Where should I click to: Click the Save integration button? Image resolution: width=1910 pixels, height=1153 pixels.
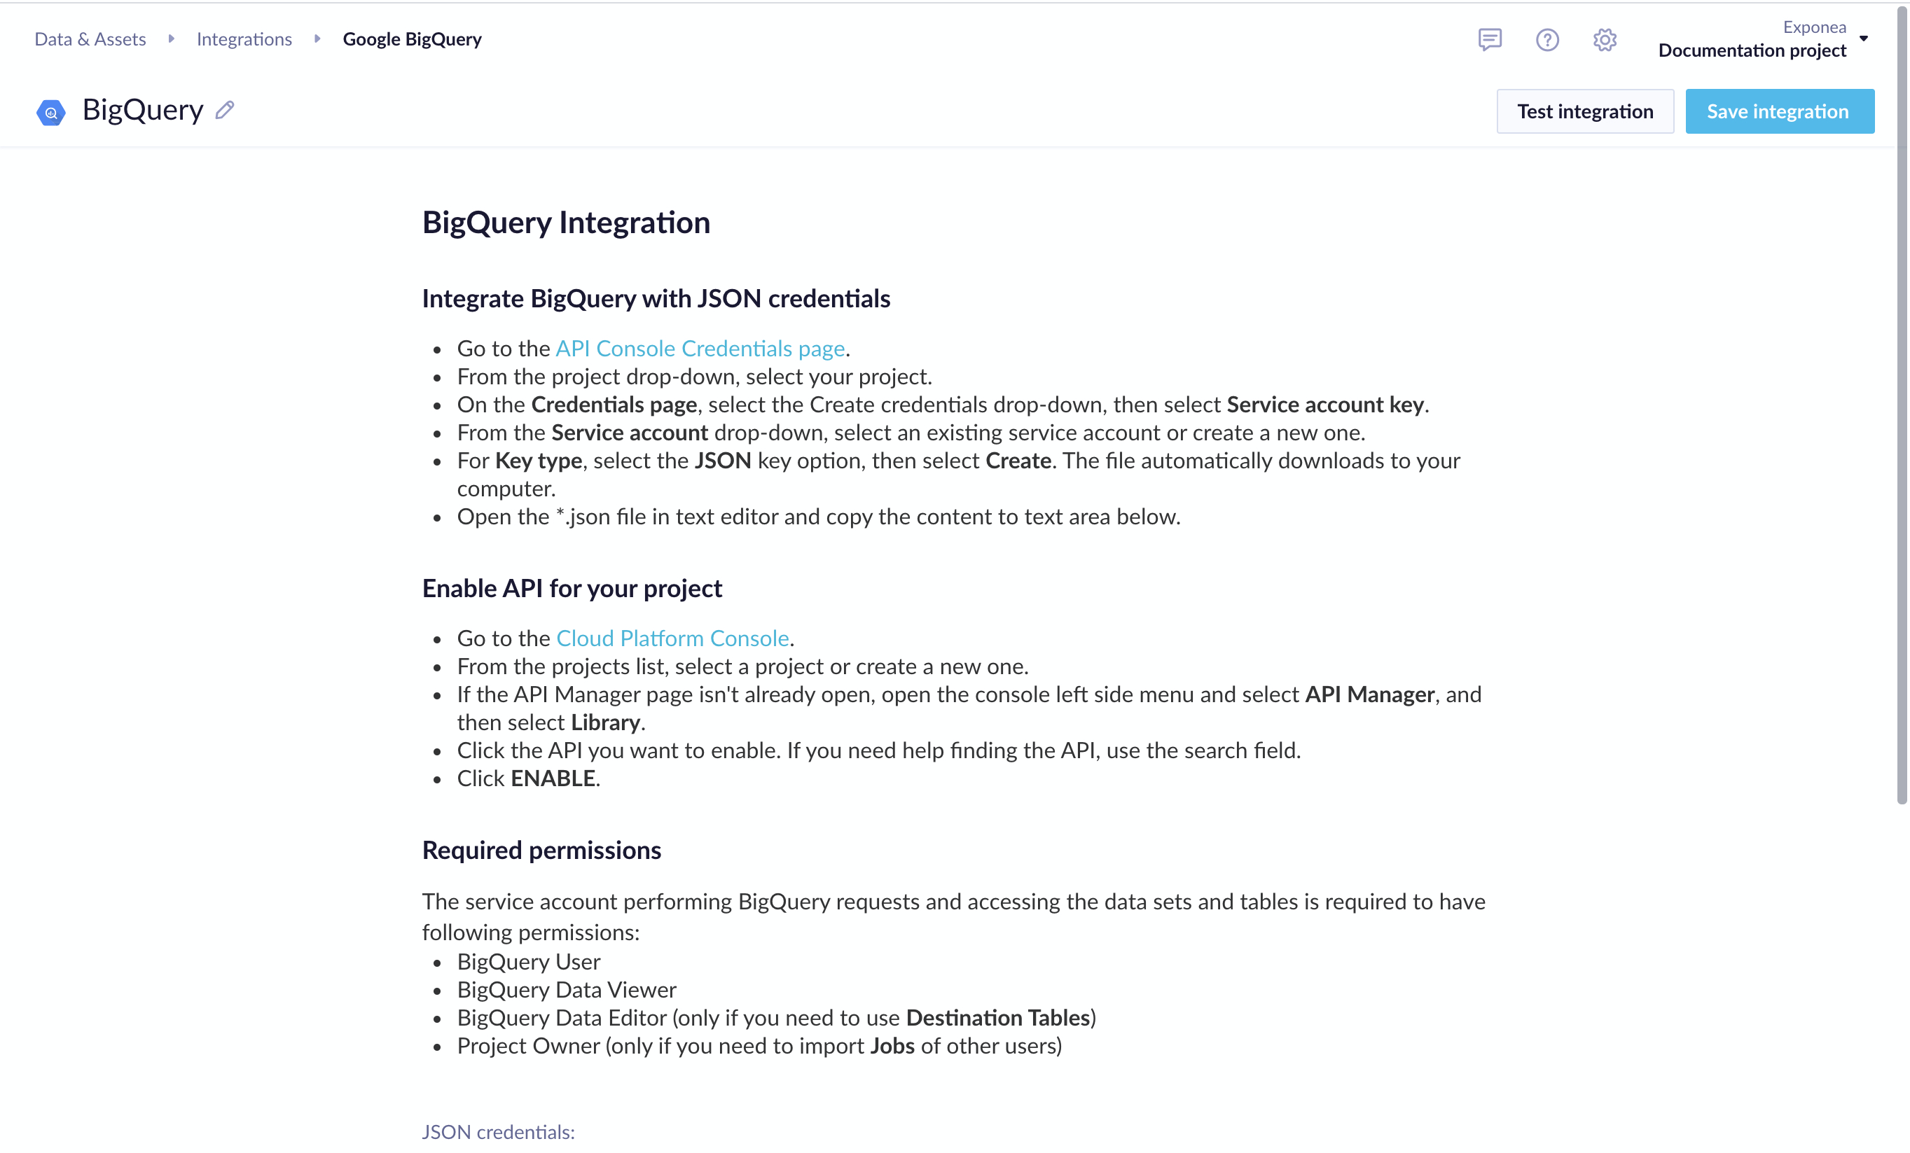pyautogui.click(x=1779, y=111)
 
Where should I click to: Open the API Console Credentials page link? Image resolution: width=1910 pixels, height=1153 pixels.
pyautogui.click(x=700, y=349)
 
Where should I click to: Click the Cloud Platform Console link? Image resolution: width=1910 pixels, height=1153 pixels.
pyautogui.click(x=672, y=638)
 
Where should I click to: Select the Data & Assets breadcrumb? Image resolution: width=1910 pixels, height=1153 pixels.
pyautogui.click(x=90, y=39)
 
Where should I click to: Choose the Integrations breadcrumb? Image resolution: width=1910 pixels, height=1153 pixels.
pyautogui.click(x=244, y=39)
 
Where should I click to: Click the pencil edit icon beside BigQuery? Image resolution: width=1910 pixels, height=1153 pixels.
pyautogui.click(x=225, y=110)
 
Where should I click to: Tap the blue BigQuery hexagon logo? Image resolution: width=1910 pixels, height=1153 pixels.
pyautogui.click(x=51, y=112)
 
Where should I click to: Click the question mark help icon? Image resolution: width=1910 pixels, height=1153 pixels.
pyautogui.click(x=1547, y=39)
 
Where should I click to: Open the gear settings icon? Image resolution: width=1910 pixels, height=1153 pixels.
pyautogui.click(x=1605, y=39)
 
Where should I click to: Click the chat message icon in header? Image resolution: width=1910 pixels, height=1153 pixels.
pyautogui.click(x=1489, y=39)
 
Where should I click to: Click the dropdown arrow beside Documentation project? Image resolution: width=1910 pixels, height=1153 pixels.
pyautogui.click(x=1864, y=39)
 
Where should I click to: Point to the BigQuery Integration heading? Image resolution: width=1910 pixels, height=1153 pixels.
pyautogui.click(x=566, y=223)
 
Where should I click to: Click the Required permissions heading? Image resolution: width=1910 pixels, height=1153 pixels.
pyautogui.click(x=541, y=851)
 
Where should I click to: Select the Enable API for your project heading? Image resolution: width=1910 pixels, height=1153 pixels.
pyautogui.click(x=572, y=589)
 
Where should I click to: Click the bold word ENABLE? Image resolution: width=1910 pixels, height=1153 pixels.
pyautogui.click(x=553, y=778)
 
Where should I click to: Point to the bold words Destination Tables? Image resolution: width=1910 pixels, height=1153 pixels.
pyautogui.click(x=997, y=1018)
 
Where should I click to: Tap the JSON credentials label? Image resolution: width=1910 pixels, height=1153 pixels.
pyautogui.click(x=498, y=1132)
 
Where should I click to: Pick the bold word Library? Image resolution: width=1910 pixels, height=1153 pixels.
pyautogui.click(x=605, y=723)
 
